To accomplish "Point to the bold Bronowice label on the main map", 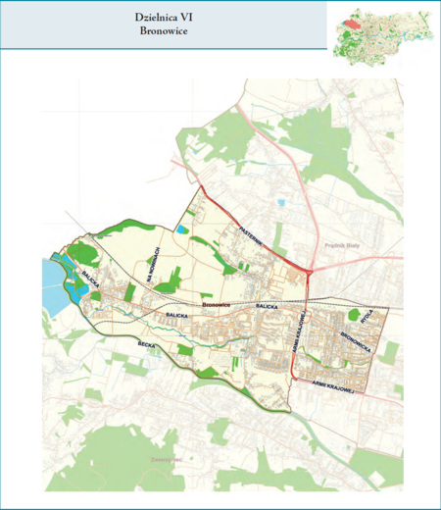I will (215, 306).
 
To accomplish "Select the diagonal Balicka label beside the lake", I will (91, 278).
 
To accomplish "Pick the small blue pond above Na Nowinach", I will (183, 229).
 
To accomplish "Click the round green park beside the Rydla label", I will (353, 315).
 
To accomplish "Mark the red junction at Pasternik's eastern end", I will (309, 270).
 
